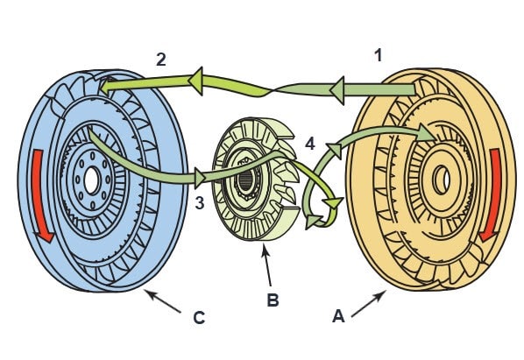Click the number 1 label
378,55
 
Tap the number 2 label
161,60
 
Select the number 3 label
200,202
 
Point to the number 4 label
310,144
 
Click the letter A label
338,316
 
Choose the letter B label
273,300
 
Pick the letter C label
199,318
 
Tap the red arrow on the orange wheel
491,195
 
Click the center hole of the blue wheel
91,181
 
